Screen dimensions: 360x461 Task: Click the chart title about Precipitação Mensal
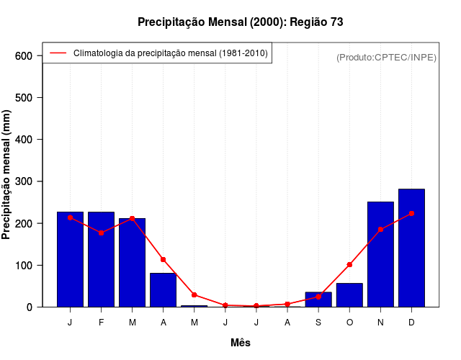tap(240, 22)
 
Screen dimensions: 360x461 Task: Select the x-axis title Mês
tap(241, 343)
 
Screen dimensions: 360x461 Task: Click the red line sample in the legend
tap(58, 53)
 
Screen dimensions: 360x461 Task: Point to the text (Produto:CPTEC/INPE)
tap(386, 57)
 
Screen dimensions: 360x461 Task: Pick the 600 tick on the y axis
tap(24, 56)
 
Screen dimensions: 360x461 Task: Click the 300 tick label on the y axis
tap(24, 181)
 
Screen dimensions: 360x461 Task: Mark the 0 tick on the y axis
tap(29, 307)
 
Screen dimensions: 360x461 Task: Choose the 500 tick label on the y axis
tap(24, 98)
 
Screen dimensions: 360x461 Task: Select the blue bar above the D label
tap(411, 248)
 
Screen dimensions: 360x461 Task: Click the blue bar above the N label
tap(380, 254)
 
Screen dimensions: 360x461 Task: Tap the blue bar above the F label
tap(101, 259)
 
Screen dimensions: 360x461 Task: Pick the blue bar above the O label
tap(349, 295)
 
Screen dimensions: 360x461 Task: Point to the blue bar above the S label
tap(318, 300)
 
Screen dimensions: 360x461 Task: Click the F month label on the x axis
tap(101, 323)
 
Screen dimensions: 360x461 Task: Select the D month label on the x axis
tap(411, 323)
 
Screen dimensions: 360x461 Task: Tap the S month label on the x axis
tap(318, 323)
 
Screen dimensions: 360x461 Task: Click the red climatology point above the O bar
tap(349, 265)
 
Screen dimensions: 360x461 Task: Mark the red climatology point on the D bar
tap(411, 214)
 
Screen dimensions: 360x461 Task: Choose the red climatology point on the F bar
tap(101, 233)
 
